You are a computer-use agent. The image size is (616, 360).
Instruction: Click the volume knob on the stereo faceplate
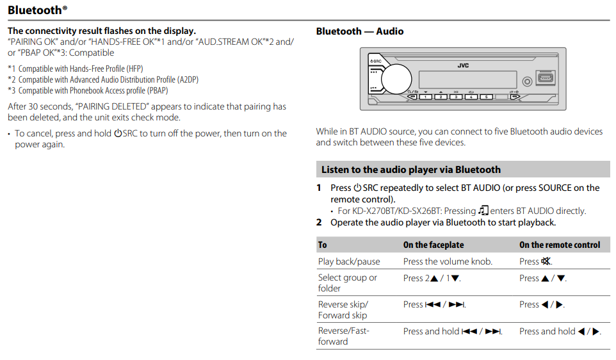396,79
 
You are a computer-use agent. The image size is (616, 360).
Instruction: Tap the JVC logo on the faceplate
463,65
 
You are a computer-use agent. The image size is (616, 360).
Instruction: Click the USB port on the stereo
546,78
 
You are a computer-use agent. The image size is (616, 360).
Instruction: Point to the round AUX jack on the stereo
527,81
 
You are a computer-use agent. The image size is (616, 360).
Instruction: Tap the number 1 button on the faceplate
425,97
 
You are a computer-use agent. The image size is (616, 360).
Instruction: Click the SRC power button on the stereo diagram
377,61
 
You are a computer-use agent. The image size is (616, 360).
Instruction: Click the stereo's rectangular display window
467,80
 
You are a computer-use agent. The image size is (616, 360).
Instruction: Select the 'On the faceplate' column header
434,245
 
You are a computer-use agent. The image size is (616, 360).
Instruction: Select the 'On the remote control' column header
560,245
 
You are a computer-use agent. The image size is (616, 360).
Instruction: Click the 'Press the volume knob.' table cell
448,261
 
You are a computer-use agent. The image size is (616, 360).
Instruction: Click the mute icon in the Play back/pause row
546,261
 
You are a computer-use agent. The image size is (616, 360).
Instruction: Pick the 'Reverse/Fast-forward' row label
343,336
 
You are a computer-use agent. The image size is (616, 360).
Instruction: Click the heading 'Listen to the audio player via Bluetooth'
411,169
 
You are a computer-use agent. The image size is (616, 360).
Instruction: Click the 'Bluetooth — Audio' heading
359,31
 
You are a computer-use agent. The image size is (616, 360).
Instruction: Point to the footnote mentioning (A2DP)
103,79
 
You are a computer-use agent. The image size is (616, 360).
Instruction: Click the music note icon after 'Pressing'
483,211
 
